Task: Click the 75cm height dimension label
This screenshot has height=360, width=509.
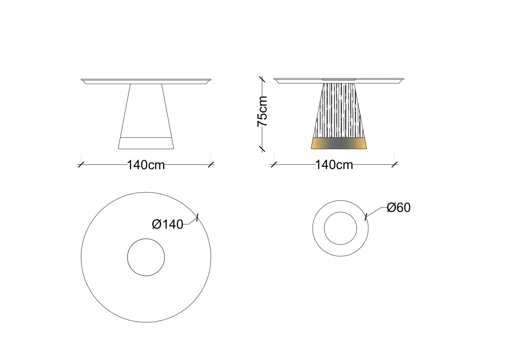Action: [262, 111]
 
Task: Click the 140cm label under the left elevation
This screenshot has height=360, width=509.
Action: [146, 165]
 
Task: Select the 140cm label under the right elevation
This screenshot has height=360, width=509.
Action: [334, 165]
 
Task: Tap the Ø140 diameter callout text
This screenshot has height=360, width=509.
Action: [168, 224]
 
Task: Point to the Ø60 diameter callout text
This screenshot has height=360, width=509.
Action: [398, 208]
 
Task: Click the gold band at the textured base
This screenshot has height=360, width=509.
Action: [339, 143]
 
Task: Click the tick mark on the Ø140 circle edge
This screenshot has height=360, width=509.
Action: [197, 217]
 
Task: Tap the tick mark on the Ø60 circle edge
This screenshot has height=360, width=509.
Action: [366, 217]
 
